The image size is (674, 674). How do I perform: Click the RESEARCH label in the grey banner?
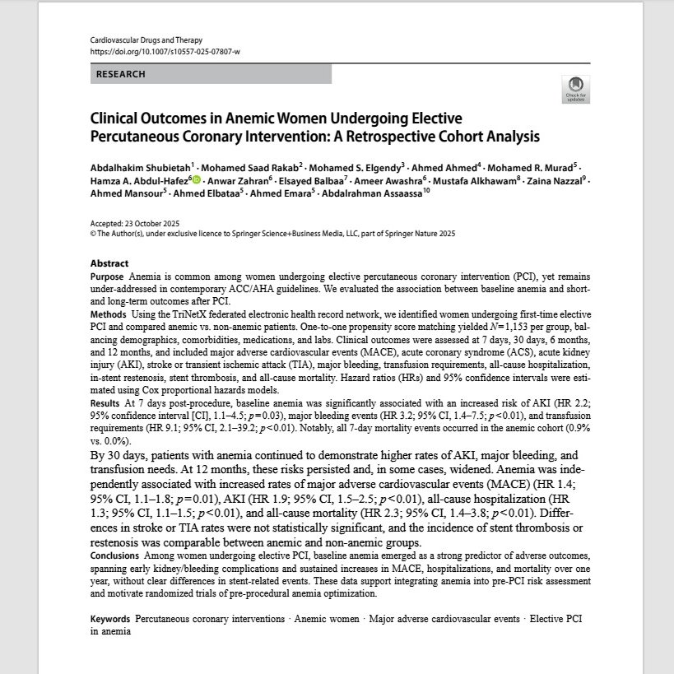[x=120, y=74]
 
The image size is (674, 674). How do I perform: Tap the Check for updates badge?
[x=575, y=88]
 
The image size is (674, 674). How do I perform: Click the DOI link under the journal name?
[x=165, y=51]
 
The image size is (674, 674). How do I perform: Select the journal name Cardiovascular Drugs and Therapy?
[x=146, y=40]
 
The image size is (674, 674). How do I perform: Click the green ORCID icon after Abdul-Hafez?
[x=195, y=179]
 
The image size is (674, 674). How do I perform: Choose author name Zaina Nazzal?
[x=560, y=179]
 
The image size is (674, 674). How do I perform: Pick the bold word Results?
[x=106, y=403]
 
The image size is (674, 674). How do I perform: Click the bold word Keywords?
[x=110, y=618]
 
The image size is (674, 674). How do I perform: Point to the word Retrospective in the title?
[x=405, y=136]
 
